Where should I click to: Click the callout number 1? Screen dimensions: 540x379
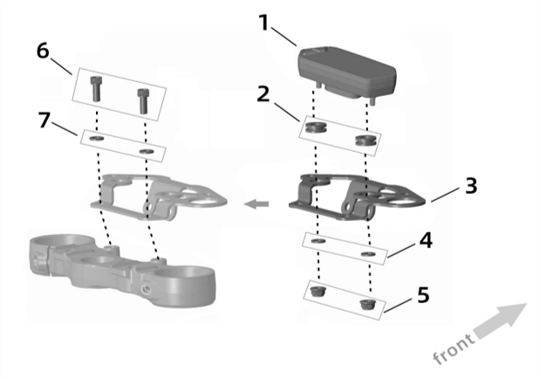(x=264, y=23)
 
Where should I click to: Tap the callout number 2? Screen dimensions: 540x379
(x=263, y=94)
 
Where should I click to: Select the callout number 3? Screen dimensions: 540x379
(x=471, y=185)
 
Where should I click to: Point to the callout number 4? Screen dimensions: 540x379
(x=426, y=240)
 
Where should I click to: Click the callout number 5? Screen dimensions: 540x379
(x=424, y=295)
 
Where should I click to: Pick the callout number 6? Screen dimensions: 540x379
(x=43, y=51)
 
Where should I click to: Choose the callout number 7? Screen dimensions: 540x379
(x=44, y=121)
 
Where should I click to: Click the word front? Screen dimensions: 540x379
(x=454, y=348)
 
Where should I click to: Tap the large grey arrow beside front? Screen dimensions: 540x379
(x=501, y=320)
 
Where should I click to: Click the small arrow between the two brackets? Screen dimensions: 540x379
(x=256, y=204)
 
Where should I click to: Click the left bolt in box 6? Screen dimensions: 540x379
(x=96, y=89)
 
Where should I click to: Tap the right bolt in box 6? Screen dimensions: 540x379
(x=143, y=101)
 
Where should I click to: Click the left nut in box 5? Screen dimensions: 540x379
(x=316, y=292)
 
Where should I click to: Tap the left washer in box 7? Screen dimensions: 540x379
(x=97, y=139)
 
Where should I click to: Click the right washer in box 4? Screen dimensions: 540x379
(x=368, y=254)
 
